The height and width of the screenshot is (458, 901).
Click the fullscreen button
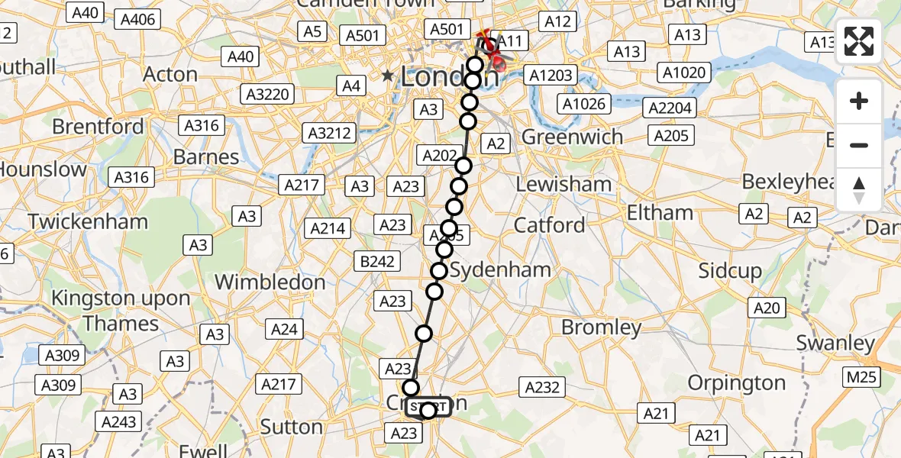click(859, 42)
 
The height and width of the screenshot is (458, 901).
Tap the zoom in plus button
click(859, 101)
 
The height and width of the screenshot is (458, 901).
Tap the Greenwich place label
click(572, 137)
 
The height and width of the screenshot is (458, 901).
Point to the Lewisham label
click(564, 184)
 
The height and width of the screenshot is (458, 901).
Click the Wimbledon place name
click(270, 282)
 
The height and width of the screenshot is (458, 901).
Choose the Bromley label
click(601, 327)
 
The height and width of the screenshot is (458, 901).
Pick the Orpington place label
click(736, 382)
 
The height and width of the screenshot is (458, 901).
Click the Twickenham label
click(88, 222)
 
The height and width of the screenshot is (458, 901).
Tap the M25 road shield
click(861, 377)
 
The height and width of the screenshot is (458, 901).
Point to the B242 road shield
click(377, 262)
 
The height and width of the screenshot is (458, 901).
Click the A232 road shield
click(542, 387)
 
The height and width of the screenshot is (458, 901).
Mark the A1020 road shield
click(686, 73)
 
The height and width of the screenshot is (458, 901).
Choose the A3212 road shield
click(329, 134)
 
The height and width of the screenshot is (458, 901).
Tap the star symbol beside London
click(388, 76)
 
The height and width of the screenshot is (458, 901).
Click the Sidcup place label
click(730, 271)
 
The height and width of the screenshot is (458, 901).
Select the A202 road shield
click(439, 156)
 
